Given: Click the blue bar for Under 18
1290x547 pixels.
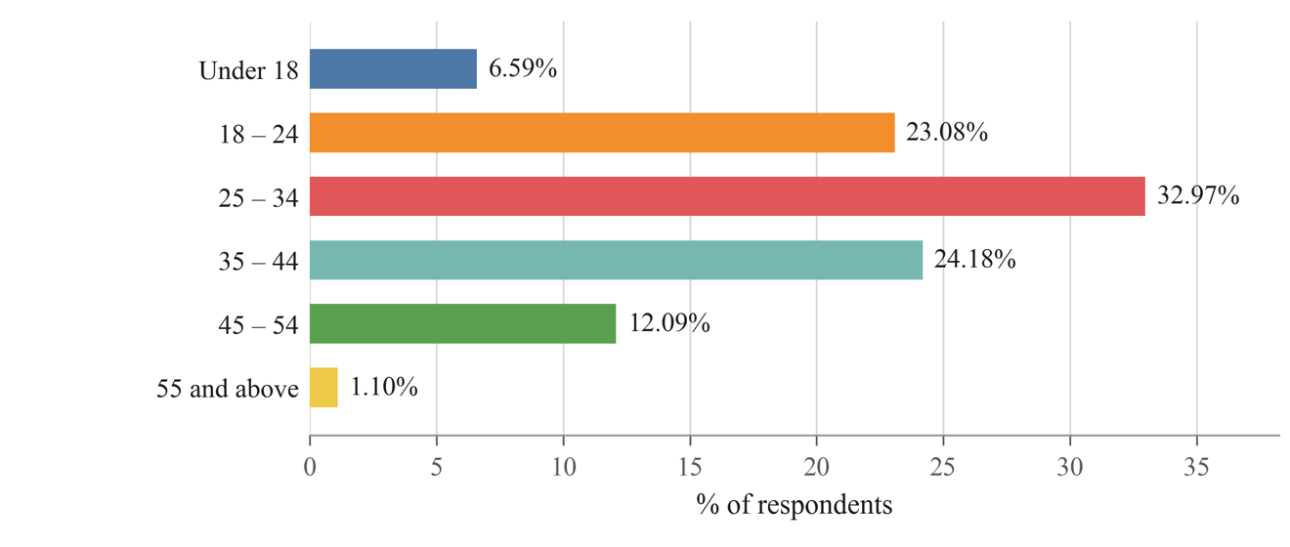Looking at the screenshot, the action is click(x=393, y=69).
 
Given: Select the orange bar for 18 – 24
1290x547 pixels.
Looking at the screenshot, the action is click(x=602, y=133).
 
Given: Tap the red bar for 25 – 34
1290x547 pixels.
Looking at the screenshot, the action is click(x=727, y=196).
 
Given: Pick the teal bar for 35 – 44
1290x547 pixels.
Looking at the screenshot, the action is click(x=617, y=260).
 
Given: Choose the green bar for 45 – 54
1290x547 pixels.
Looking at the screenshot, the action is click(x=463, y=323).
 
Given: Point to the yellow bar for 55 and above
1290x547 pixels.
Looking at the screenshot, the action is click(x=323, y=388).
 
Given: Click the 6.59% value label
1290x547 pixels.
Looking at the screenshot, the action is click(x=523, y=68).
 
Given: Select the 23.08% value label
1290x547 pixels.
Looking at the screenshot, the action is click(x=947, y=132).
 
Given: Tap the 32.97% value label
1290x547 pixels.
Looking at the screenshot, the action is click(x=1198, y=195).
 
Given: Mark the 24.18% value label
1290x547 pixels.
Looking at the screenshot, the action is click(x=975, y=260).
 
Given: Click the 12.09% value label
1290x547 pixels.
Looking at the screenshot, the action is click(x=669, y=323).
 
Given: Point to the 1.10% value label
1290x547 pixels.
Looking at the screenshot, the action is click(x=384, y=387).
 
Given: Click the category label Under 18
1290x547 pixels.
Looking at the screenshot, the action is click(x=249, y=71).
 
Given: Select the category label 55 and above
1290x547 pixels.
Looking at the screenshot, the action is click(x=228, y=389).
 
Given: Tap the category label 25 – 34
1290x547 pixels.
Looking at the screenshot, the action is click(x=259, y=198).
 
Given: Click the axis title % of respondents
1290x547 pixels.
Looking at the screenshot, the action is click(x=795, y=505).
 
